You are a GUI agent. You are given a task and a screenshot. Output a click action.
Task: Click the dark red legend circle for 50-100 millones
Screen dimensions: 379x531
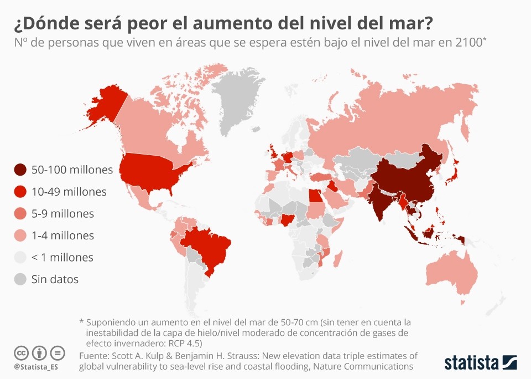click(x=20, y=170)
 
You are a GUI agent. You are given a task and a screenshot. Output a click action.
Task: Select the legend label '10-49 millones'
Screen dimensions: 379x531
click(x=69, y=192)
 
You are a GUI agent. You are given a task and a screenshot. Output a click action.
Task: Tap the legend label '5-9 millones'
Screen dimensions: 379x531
click(x=63, y=213)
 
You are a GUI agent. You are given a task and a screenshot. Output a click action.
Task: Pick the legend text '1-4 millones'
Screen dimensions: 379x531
click(x=63, y=235)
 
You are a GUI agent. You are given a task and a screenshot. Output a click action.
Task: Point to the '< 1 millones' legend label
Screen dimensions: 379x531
click(x=63, y=257)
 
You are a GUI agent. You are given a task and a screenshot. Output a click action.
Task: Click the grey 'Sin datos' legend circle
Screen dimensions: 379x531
click(x=20, y=279)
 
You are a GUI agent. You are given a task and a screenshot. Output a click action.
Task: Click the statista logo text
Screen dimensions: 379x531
click(x=471, y=363)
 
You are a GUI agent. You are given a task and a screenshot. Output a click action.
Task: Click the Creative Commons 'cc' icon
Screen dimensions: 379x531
click(x=22, y=353)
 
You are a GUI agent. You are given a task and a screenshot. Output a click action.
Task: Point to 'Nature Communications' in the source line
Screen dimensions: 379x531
click(x=366, y=366)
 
